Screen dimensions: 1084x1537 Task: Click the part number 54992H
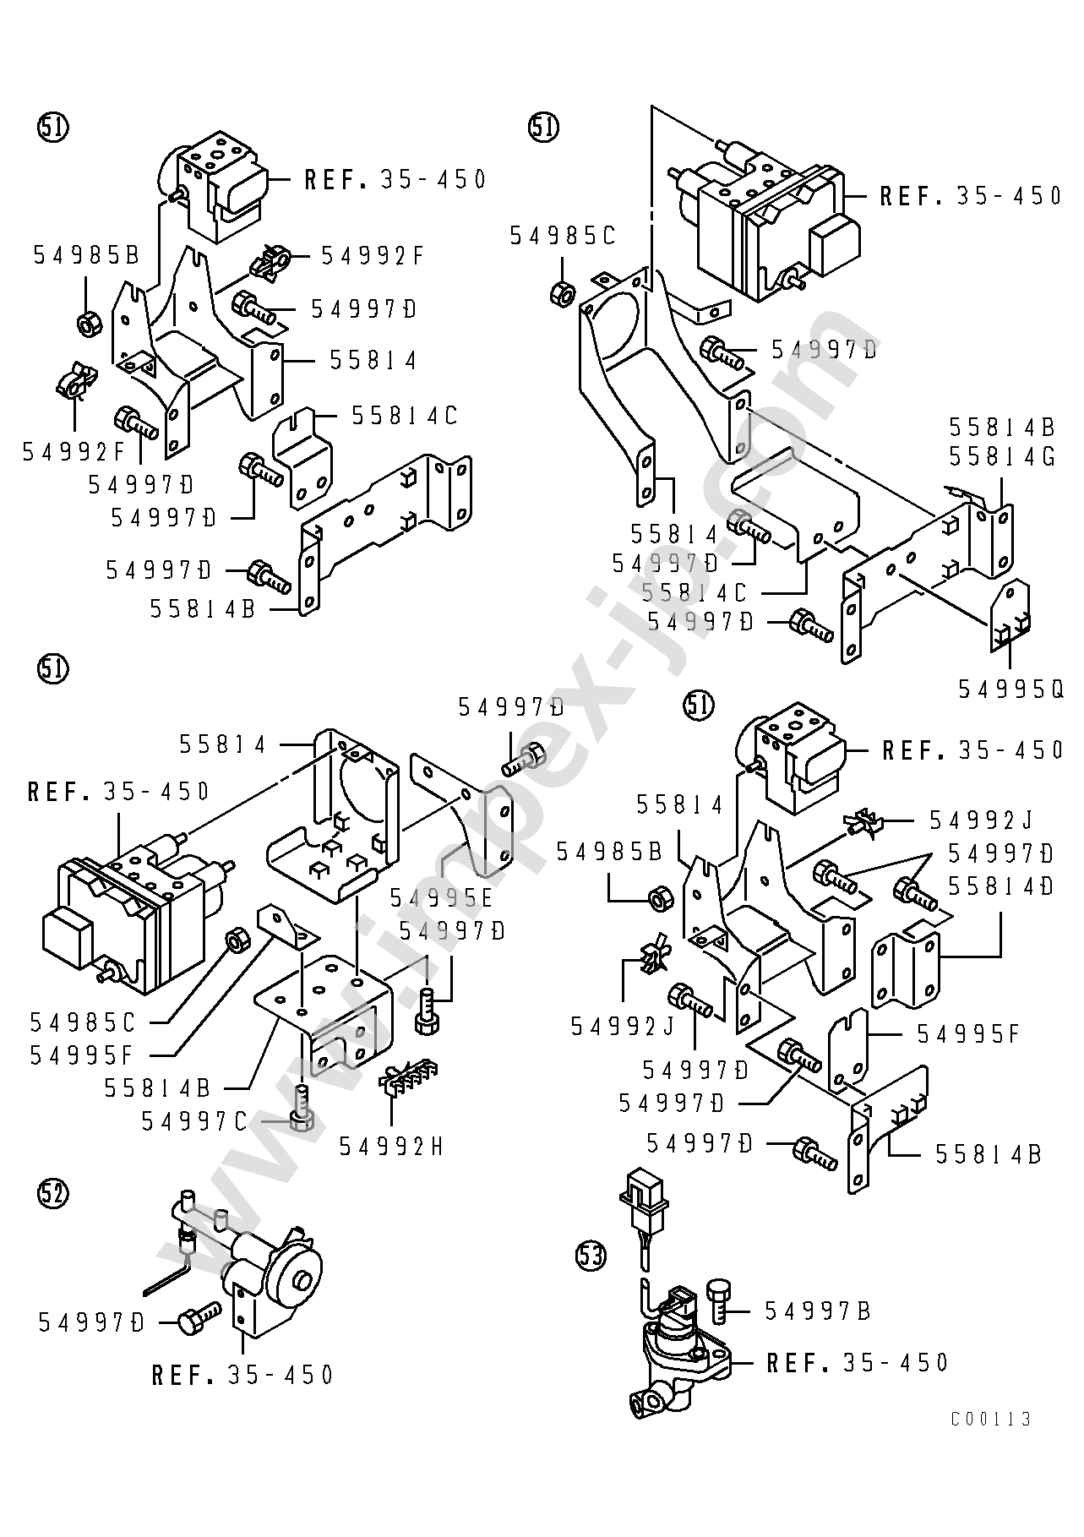click(390, 1146)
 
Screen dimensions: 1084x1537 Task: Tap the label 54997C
click(194, 1121)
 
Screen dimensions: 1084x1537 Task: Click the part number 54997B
click(818, 1311)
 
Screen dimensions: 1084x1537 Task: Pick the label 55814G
click(1002, 456)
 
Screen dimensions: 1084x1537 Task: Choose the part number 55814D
click(1001, 886)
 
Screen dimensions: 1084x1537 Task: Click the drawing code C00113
click(991, 1419)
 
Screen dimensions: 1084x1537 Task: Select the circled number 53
click(591, 1256)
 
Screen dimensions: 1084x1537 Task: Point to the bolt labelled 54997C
click(301, 1108)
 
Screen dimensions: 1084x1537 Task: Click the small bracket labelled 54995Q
click(1010, 616)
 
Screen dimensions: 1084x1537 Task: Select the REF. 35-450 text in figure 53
click(858, 1362)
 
